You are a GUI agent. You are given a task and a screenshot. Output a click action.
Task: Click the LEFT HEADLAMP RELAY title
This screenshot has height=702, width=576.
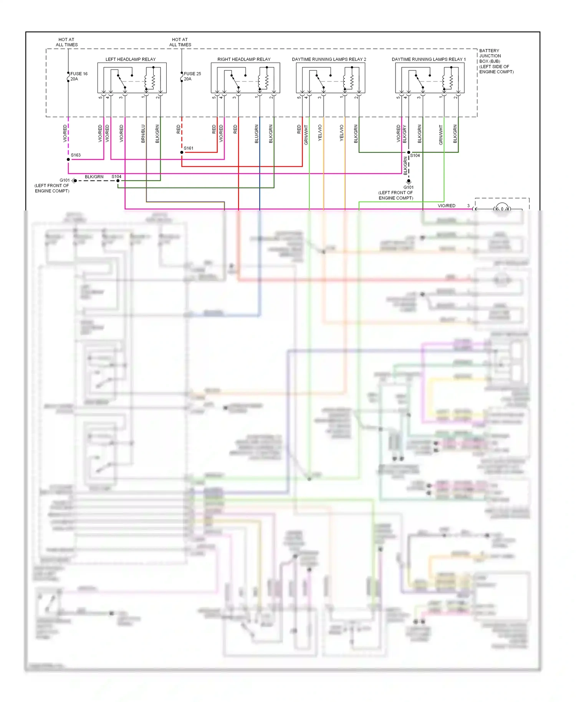point(131,60)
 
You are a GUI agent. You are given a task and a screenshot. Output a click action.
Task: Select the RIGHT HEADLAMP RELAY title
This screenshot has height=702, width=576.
point(244,60)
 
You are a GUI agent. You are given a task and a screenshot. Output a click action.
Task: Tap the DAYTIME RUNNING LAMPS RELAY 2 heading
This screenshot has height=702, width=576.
point(329,60)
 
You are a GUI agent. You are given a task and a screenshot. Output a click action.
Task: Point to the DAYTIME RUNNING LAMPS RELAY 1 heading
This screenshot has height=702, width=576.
point(429,60)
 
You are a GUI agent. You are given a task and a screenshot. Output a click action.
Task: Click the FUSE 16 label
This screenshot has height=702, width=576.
point(79,74)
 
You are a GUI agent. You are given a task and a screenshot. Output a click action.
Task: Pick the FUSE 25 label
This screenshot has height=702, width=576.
point(192,74)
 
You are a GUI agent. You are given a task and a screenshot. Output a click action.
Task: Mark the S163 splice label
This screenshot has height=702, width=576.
point(76,155)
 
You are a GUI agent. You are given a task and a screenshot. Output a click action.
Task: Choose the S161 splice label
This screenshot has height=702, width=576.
point(189,148)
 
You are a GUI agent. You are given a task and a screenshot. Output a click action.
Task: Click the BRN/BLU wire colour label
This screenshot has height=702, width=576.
point(143,134)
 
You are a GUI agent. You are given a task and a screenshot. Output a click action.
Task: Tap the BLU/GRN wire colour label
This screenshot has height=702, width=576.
point(257,134)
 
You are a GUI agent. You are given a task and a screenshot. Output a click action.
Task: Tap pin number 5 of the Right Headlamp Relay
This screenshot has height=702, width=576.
point(214,98)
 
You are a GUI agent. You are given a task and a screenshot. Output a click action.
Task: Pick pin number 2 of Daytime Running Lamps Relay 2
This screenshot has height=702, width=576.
point(356,98)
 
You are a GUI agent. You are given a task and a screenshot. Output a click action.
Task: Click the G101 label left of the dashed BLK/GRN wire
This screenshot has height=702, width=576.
point(65,180)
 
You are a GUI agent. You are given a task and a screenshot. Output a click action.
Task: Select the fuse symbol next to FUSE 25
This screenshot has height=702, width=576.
point(182,78)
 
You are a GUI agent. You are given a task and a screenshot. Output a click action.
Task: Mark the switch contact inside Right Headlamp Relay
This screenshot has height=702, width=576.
point(234,81)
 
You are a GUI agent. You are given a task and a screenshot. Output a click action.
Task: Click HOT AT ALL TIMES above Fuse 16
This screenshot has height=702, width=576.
point(67,42)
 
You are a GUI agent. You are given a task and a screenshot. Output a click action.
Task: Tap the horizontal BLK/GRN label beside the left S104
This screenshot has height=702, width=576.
point(94,177)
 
